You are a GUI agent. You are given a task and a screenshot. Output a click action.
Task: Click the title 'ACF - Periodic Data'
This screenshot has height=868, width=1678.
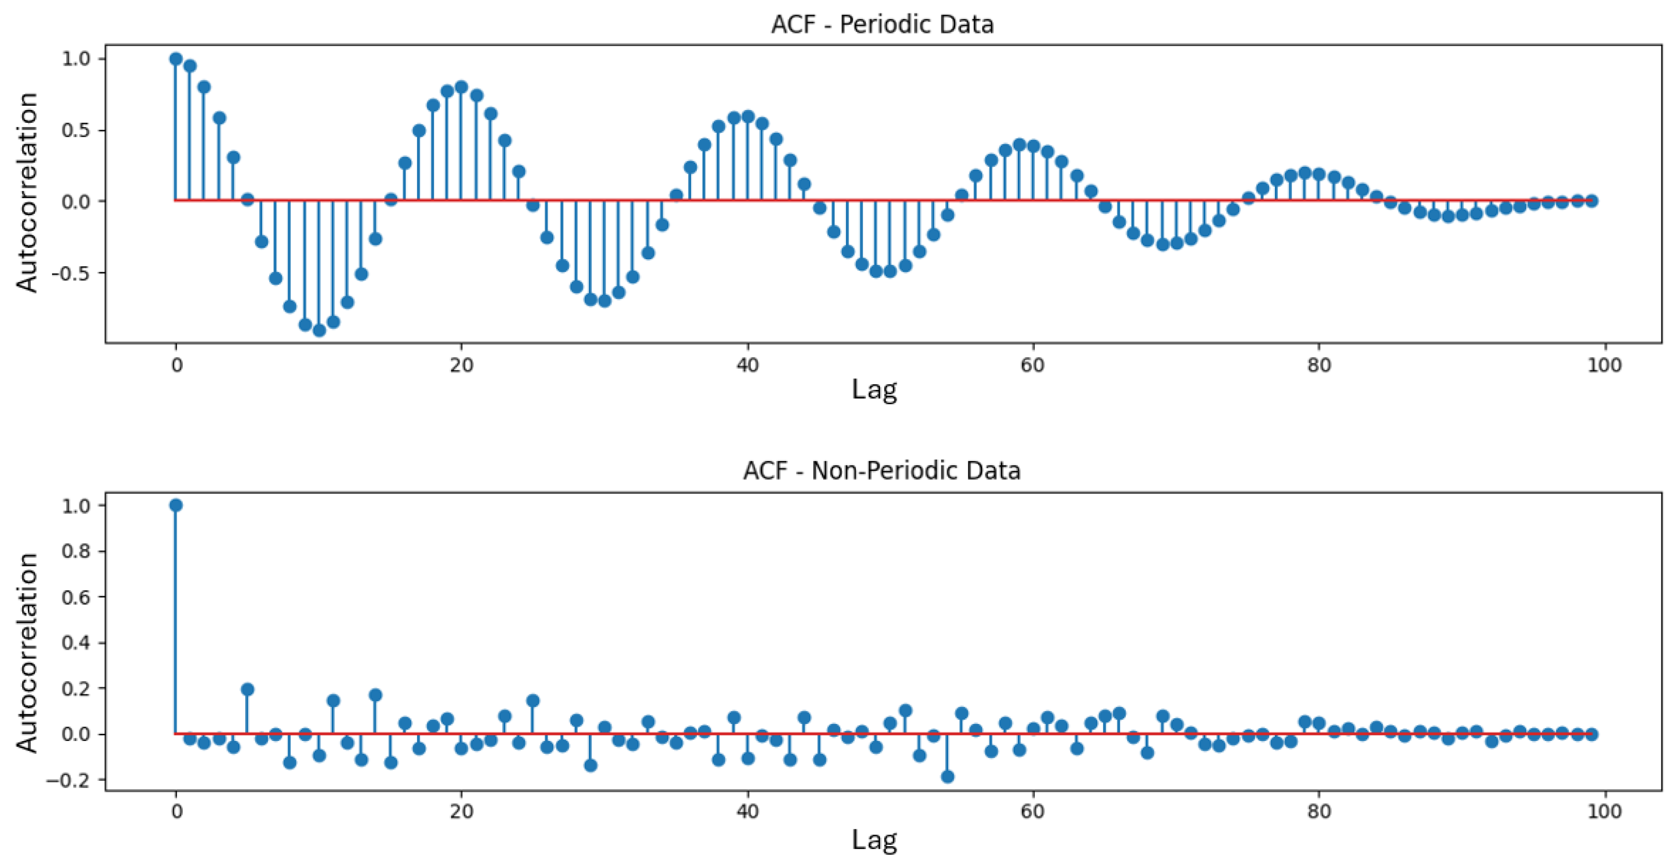pos(882,25)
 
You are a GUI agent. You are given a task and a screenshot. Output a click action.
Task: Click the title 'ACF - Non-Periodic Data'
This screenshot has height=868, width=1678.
pos(882,470)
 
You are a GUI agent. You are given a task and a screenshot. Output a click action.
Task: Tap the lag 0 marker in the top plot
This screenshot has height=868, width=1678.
pos(176,59)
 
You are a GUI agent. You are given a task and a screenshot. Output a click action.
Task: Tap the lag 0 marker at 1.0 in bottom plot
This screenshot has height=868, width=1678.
pos(176,505)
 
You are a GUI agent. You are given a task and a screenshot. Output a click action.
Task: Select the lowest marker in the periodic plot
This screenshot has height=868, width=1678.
pos(319,330)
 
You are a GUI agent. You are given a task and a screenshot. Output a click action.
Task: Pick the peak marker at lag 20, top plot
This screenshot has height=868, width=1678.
pos(461,87)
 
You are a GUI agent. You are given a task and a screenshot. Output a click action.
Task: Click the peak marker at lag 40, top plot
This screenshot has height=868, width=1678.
pos(748,117)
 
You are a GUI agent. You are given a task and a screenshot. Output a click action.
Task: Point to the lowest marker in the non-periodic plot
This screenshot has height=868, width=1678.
pos(948,777)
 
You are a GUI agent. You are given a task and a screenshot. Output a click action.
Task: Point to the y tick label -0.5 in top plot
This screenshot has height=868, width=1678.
pos(75,273)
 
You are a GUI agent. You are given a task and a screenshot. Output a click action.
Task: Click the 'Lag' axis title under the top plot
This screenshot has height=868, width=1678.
pos(874,390)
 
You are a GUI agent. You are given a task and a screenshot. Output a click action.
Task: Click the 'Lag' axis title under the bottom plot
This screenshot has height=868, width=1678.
pos(874,840)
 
